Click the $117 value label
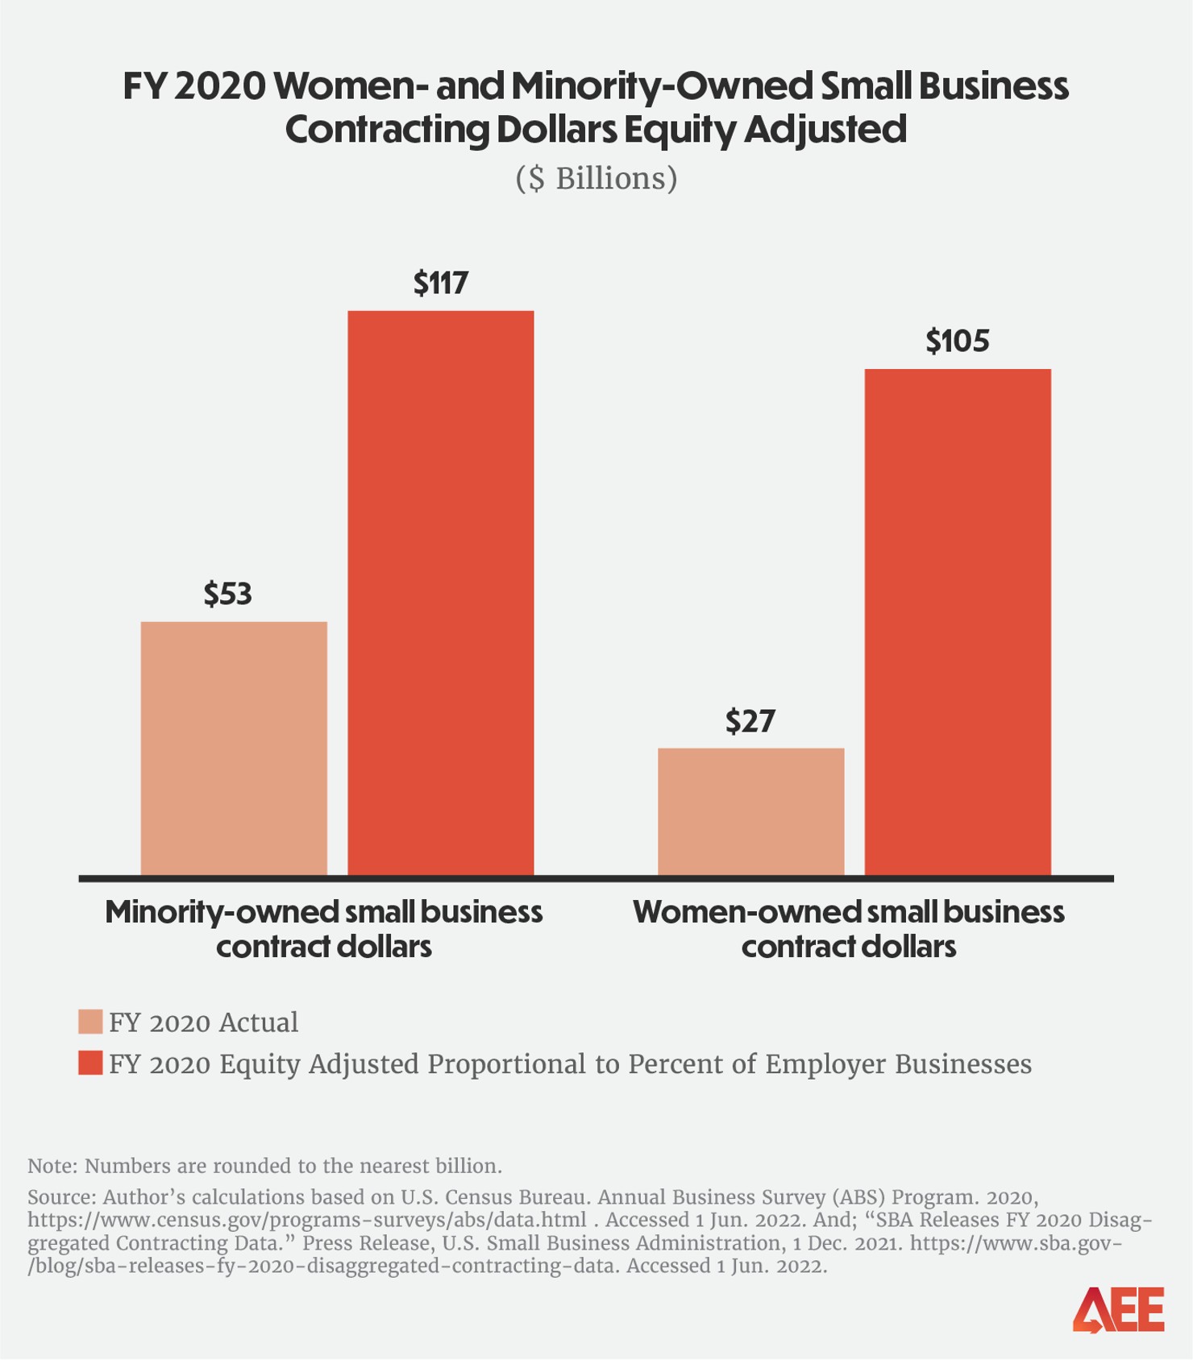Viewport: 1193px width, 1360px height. [440, 283]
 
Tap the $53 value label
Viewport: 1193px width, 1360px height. [228, 594]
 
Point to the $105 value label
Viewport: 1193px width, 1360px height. [957, 341]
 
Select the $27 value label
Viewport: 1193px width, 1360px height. [750, 720]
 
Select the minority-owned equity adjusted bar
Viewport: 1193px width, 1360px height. [440, 592]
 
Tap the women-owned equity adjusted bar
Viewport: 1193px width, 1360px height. [957, 621]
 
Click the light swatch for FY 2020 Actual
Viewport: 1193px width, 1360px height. [90, 1022]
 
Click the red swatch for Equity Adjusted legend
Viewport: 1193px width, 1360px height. [90, 1063]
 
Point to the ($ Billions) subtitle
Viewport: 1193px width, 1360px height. [596, 178]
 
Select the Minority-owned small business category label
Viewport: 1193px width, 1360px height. [323, 928]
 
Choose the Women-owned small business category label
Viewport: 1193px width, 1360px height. [848, 928]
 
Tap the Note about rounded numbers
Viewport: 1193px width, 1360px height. [264, 1166]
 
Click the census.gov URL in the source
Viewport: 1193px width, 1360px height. [306, 1220]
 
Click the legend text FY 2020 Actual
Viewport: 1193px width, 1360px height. [203, 1022]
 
